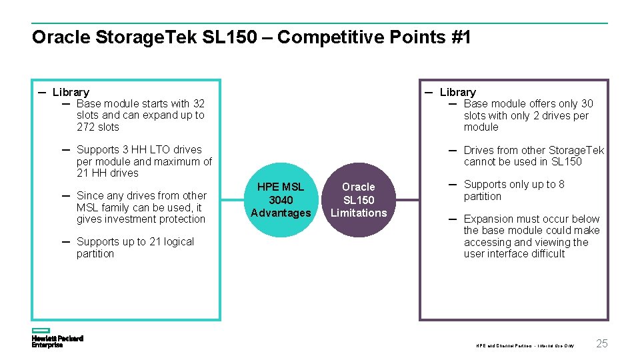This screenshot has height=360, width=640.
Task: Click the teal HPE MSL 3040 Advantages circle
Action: coord(281,200)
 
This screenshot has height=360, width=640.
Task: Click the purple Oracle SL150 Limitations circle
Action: coord(359,200)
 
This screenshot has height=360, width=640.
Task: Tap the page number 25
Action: coord(602,344)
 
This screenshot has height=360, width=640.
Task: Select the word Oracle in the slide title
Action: coord(59,37)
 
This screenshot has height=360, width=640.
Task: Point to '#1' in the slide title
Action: coord(461,37)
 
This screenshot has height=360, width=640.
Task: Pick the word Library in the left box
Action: coord(71,92)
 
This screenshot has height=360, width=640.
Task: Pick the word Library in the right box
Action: coord(458,92)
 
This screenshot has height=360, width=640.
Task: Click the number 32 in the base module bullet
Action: coord(199,103)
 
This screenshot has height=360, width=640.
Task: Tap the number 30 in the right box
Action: coord(587,103)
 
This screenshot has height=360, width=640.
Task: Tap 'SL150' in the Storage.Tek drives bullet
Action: coord(566,161)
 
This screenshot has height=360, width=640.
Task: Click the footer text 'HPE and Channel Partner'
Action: coord(502,346)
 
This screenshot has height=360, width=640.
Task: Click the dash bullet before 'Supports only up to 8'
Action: coord(452,184)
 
